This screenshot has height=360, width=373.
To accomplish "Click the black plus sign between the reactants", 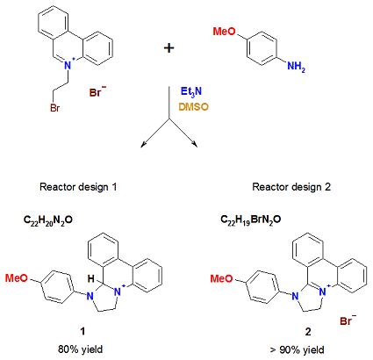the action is (169, 47).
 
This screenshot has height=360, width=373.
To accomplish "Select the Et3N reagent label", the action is (191, 91).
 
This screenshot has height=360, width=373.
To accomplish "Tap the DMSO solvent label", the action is (194, 107).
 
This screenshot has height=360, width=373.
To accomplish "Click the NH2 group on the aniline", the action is (296, 67).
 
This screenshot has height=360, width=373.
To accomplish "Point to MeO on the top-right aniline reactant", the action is (224, 32).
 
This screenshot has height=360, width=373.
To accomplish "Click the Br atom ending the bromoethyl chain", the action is (55, 108).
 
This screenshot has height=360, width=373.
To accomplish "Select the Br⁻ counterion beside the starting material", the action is (97, 92).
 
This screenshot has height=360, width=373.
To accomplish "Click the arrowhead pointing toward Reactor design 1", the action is (143, 144).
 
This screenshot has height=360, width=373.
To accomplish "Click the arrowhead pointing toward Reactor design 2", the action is (195, 144).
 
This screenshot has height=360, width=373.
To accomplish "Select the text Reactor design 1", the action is (78, 187).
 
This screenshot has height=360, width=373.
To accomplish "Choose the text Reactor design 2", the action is (291, 187).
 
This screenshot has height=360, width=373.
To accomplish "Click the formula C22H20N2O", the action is (48, 220).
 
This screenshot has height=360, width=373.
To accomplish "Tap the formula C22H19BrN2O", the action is (251, 220).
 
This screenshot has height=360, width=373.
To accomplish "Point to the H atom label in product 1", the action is (91, 279).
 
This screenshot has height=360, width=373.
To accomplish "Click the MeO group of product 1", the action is (17, 277).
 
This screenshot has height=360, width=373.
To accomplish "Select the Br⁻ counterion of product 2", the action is (348, 320).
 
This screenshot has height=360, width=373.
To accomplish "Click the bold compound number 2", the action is (308, 332).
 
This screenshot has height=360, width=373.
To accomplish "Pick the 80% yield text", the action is (80, 349).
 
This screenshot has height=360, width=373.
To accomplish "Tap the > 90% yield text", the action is (298, 349).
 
